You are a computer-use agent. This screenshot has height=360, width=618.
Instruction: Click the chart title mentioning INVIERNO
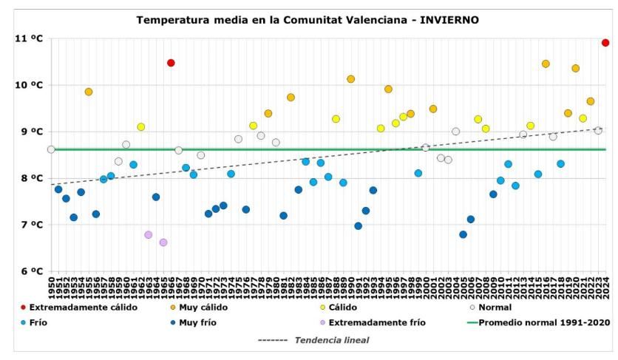[308, 20]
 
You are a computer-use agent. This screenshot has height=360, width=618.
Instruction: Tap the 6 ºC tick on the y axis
[28, 271]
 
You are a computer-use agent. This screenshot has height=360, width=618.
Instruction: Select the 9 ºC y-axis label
[28, 132]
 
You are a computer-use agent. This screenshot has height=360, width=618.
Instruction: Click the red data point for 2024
[605, 43]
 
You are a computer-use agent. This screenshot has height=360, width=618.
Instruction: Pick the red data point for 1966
[171, 63]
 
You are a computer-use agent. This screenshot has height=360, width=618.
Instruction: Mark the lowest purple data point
[163, 242]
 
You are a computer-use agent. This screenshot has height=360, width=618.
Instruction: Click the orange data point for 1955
[89, 92]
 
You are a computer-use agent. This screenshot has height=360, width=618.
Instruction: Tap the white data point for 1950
[51, 149]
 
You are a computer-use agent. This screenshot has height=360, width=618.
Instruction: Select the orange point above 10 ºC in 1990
[351, 79]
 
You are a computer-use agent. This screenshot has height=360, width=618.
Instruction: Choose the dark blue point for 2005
[463, 234]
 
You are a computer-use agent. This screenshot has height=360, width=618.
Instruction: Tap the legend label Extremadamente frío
[377, 322]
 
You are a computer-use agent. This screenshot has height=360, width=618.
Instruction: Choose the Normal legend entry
[496, 307]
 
